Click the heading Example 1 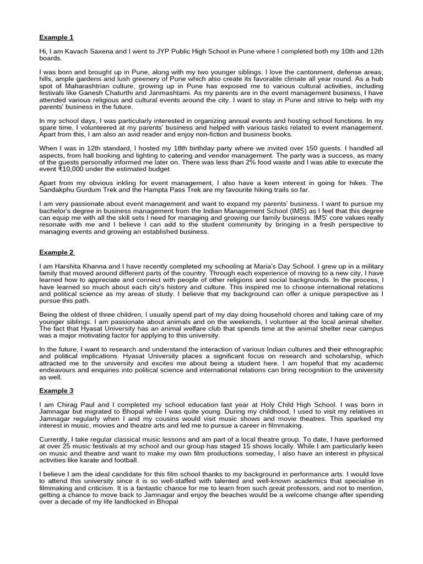click(56, 37)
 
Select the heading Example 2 click(56, 252)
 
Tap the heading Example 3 click(56, 391)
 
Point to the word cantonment click(301, 72)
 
